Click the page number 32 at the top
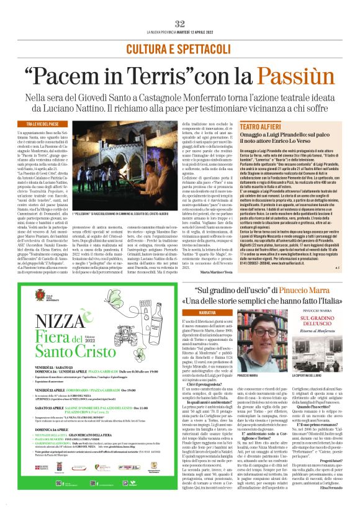(180, 24)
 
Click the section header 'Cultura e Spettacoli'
(180, 48)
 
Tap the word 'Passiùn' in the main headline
(279, 76)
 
